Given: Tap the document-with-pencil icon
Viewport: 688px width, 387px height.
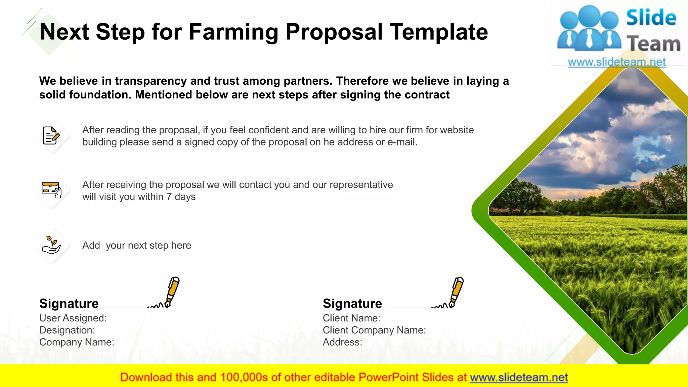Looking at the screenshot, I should click(x=51, y=135).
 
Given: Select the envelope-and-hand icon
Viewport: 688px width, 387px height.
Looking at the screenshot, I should click(x=51, y=190).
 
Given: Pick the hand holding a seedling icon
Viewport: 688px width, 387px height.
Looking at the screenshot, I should click(x=51, y=245).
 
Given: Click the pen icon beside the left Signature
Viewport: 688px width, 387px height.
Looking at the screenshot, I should click(x=172, y=291).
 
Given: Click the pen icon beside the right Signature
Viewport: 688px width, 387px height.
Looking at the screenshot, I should click(x=456, y=291).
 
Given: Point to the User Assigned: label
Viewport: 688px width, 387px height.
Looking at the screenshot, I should click(x=73, y=318).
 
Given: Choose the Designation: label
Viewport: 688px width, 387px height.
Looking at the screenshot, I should click(x=67, y=330).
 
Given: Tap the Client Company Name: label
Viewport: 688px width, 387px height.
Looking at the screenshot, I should click(x=374, y=330).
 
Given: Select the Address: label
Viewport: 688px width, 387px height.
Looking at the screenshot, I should click(x=342, y=342).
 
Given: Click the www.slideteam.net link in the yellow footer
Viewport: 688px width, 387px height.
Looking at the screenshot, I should click(x=519, y=378).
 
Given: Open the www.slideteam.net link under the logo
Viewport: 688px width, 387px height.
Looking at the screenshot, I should click(x=617, y=62).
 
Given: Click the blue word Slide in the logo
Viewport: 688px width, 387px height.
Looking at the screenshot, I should click(x=651, y=18).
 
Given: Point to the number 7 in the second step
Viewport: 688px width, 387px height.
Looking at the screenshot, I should click(x=169, y=197).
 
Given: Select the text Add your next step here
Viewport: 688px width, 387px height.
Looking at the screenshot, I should click(x=137, y=246).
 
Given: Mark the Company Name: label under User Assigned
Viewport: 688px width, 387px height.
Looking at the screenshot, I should click(x=77, y=342).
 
